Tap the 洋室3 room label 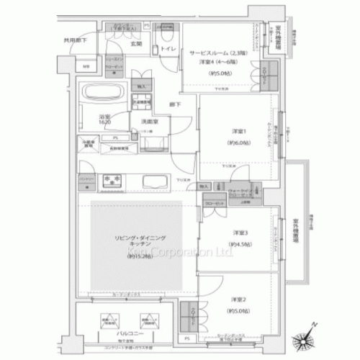240,233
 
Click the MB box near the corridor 86,67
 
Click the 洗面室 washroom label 149,122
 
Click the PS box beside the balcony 186,338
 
